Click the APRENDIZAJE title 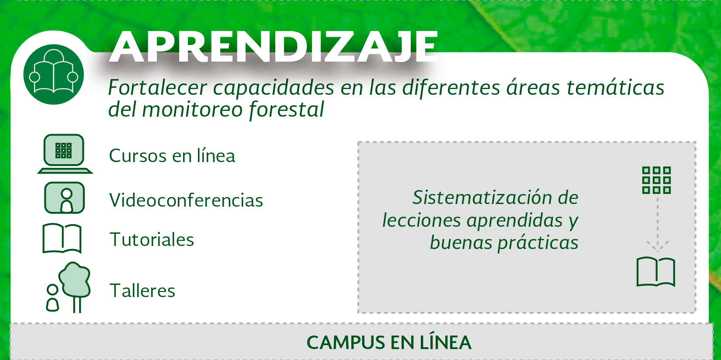point(274,47)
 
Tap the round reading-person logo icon point(53,74)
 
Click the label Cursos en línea point(172,156)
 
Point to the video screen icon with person point(64,197)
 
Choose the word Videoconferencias point(186,200)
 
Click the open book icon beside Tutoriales point(62,238)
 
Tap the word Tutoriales point(152,239)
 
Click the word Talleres point(142,291)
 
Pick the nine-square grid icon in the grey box point(656,180)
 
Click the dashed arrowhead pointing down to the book point(658,246)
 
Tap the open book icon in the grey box point(655,272)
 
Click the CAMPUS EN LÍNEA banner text point(389,342)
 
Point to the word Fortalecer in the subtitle point(157,87)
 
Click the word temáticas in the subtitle point(615,87)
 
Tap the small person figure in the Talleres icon point(52,298)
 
